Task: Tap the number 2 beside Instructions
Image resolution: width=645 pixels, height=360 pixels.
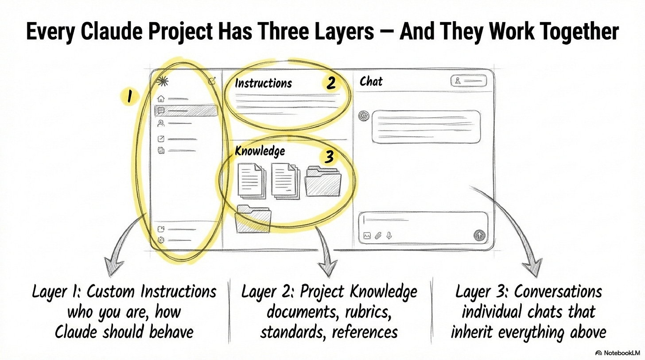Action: [330, 82]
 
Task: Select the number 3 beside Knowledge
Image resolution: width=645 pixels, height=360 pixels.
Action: [329, 157]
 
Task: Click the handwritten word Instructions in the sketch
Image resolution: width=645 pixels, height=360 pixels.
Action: [263, 83]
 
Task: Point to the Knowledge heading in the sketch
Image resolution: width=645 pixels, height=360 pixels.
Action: [260, 151]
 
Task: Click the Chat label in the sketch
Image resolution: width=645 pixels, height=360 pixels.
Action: [371, 81]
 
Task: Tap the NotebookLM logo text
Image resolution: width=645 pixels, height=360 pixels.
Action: [618, 353]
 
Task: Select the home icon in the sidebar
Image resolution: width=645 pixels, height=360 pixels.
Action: [161, 99]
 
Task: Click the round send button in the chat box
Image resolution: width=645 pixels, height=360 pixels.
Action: [479, 236]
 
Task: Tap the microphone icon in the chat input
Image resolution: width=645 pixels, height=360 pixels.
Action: [389, 235]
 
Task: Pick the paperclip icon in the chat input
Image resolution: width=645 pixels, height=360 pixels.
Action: [378, 236]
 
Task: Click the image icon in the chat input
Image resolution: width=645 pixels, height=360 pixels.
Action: [367, 236]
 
